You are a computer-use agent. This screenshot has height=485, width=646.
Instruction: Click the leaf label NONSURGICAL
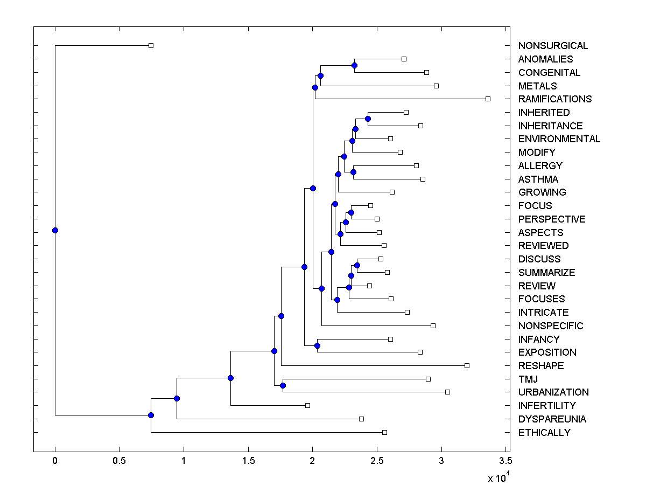pyautogui.click(x=553, y=46)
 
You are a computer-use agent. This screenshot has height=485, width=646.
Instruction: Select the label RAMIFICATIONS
pyautogui.click(x=555, y=99)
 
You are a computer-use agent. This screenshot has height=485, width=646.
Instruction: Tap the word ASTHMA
pyautogui.click(x=538, y=179)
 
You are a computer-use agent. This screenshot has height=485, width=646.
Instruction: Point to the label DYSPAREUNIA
pyautogui.click(x=552, y=419)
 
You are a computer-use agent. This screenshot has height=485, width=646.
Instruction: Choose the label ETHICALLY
pyautogui.click(x=544, y=433)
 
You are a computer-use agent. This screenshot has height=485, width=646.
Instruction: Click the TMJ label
pyautogui.click(x=528, y=379)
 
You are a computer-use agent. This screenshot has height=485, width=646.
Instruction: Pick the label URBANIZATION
pyautogui.click(x=553, y=392)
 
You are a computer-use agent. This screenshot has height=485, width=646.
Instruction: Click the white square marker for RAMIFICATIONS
pyautogui.click(x=488, y=99)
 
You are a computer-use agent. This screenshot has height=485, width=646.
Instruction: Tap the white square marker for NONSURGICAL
pyautogui.click(x=151, y=45)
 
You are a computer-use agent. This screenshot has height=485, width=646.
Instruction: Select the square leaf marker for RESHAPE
pyautogui.click(x=467, y=365)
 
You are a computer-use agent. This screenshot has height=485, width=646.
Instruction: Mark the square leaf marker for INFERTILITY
pyautogui.click(x=307, y=405)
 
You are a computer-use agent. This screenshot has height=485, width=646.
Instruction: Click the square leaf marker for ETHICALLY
pyautogui.click(x=384, y=432)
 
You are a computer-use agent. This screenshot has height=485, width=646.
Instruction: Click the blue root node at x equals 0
pyautogui.click(x=55, y=230)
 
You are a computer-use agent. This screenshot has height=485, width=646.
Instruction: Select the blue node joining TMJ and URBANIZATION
pyautogui.click(x=283, y=385)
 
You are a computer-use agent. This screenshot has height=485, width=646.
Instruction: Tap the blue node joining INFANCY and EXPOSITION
pyautogui.click(x=317, y=345)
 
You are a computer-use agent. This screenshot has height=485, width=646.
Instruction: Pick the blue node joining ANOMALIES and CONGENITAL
pyautogui.click(x=354, y=65)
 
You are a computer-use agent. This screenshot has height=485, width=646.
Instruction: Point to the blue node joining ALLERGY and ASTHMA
pyautogui.click(x=353, y=172)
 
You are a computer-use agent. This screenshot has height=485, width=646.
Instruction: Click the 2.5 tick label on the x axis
pyautogui.click(x=377, y=461)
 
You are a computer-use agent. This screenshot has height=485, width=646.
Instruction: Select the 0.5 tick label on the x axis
pyautogui.click(x=119, y=461)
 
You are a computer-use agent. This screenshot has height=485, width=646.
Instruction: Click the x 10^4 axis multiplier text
pyautogui.click(x=498, y=478)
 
